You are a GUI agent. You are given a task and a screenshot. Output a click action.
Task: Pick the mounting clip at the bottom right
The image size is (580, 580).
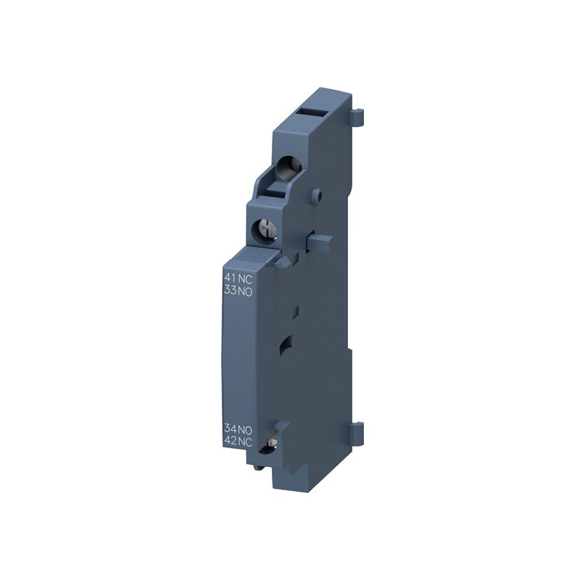tap(357, 433)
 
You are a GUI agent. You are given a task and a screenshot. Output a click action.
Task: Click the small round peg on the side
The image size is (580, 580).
tap(316, 194)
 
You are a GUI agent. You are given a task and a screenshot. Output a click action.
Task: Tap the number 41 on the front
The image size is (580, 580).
tap(230, 278)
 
